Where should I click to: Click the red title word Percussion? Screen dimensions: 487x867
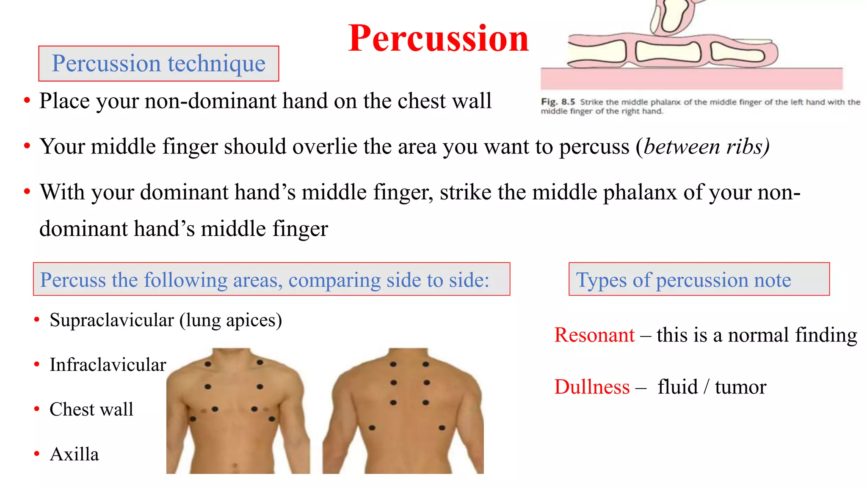(x=438, y=39)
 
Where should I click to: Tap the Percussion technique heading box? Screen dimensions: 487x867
(x=158, y=63)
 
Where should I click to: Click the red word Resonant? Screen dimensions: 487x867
(x=594, y=335)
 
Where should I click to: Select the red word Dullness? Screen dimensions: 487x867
(x=592, y=387)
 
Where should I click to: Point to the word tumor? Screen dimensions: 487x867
(x=740, y=387)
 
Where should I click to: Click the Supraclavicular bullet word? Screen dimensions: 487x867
(x=112, y=320)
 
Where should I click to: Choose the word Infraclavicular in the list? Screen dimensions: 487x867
(x=108, y=364)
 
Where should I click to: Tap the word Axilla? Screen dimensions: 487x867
(x=74, y=454)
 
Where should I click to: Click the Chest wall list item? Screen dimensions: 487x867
(x=91, y=409)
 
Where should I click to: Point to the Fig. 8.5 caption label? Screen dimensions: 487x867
(x=558, y=102)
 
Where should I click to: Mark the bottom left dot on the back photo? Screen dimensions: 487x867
(x=372, y=428)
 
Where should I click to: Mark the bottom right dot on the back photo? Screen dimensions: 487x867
(x=442, y=428)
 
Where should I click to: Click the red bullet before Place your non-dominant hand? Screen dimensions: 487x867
(x=27, y=101)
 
